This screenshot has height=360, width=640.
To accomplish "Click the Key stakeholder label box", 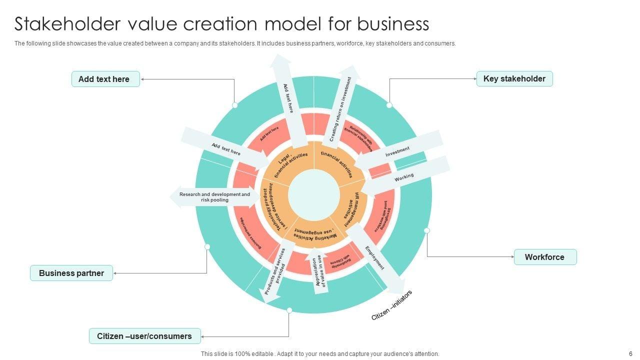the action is coord(514,79).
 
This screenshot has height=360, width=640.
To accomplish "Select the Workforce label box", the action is coord(545,257).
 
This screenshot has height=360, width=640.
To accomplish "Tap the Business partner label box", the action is coord(71,273).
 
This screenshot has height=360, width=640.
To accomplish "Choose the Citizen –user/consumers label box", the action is coord(144,336).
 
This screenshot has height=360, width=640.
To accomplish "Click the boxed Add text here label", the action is coord(105,79).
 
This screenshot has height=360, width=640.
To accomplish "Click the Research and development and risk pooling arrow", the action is coord(212,197).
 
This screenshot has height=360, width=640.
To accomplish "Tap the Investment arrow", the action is coord(398,151).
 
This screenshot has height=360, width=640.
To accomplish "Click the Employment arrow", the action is coord(375,258).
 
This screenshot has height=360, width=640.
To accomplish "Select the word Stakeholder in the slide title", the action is coord(65,24).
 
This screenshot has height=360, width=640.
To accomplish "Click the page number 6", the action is coord(630,353).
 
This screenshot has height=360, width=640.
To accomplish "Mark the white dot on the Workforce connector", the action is coord(427,230).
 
